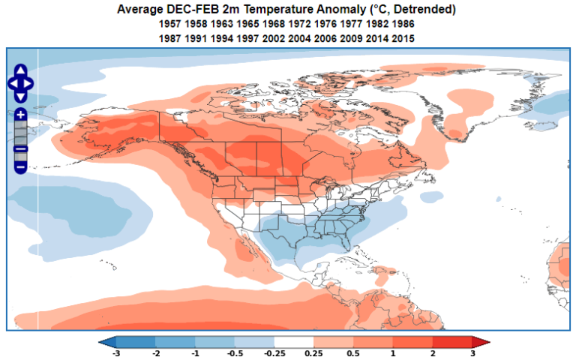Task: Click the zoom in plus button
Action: [21, 115]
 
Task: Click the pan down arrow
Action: [21, 96]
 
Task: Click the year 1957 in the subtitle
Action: [172, 24]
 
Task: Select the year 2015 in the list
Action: [403, 37]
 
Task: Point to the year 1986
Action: [403, 24]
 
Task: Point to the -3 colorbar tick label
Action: [115, 353]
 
